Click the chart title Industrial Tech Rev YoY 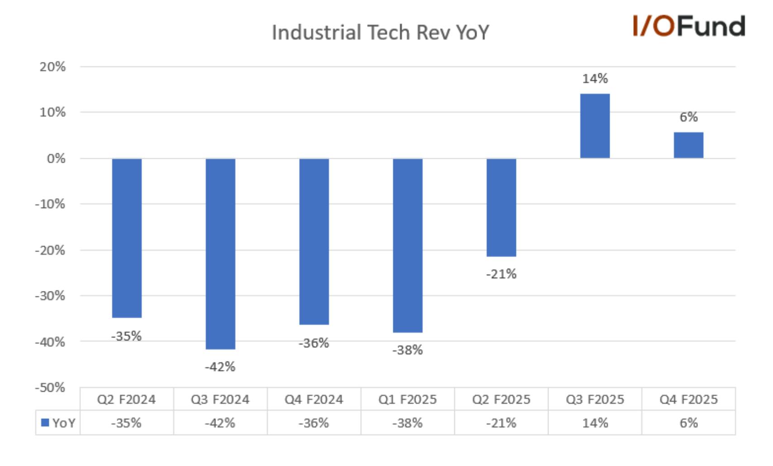pyautogui.click(x=380, y=33)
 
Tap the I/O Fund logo pyautogui.click(x=689, y=26)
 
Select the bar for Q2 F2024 pyautogui.click(x=127, y=238)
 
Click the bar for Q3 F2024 pyautogui.click(x=220, y=254)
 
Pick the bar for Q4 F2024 pyautogui.click(x=314, y=242)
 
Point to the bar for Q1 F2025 pyautogui.click(x=408, y=245)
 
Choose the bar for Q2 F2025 pyautogui.click(x=501, y=208)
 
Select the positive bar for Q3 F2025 pyautogui.click(x=595, y=126)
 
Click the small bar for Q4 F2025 pyautogui.click(x=688, y=145)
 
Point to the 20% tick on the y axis pyautogui.click(x=52, y=67)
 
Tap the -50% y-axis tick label pyautogui.click(x=50, y=388)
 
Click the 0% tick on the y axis pyautogui.click(x=56, y=159)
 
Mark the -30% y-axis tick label pyautogui.click(x=50, y=296)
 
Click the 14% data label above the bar pyautogui.click(x=595, y=79)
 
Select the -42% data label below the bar pyautogui.click(x=220, y=367)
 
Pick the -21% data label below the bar pyautogui.click(x=501, y=274)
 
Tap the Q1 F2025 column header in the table pyautogui.click(x=408, y=400)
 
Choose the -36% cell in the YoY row pyautogui.click(x=314, y=423)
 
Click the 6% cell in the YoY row pyautogui.click(x=689, y=423)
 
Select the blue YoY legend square pyautogui.click(x=45, y=422)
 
